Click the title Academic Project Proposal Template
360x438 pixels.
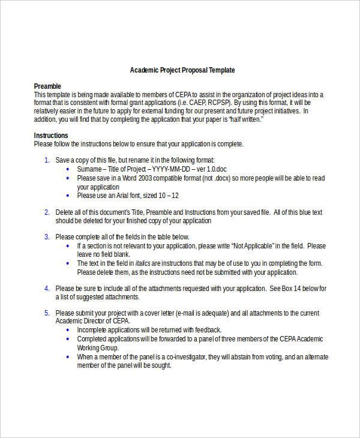coord(182,70)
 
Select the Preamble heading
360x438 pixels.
coord(47,86)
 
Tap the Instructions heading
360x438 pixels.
coord(51,136)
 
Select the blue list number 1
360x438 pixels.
coord(47,160)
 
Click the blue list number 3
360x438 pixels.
coord(47,237)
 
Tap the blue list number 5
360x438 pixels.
coord(47,313)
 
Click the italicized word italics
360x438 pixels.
coord(142,263)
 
